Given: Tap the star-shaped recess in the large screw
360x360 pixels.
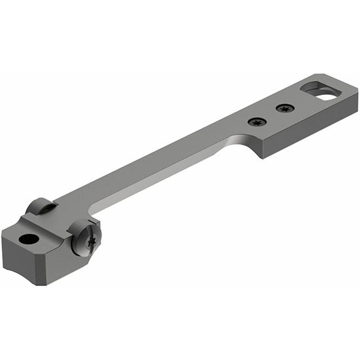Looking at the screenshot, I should (x=90, y=241).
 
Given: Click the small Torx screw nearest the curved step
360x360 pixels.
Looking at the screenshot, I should (x=255, y=120).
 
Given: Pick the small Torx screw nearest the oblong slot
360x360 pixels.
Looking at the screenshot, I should (x=284, y=107).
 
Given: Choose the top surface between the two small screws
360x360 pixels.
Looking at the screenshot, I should (x=270, y=114).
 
